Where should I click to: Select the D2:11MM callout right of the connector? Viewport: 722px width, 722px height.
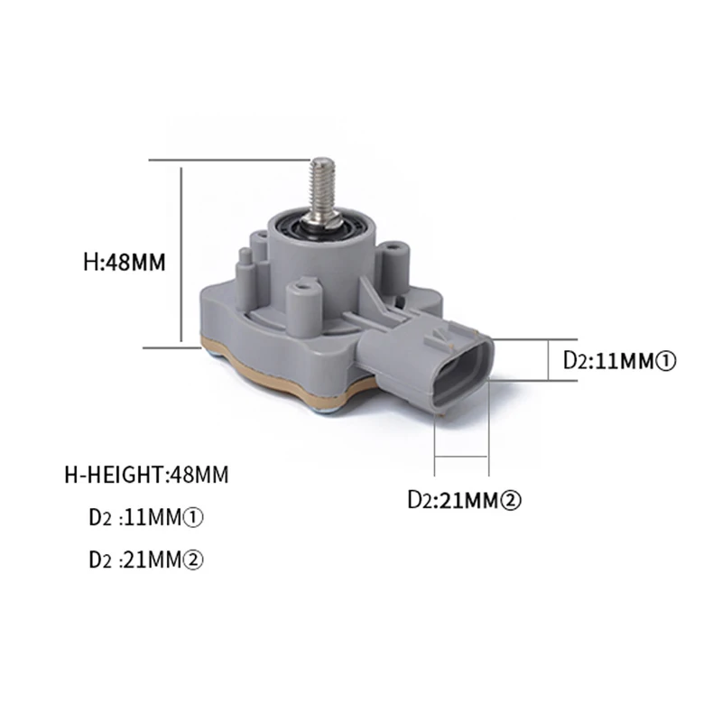[619, 361]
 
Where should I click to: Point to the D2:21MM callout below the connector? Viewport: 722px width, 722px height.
[466, 497]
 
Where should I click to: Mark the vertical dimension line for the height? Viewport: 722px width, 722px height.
[183, 253]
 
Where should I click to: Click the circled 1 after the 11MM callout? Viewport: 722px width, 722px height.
[666, 361]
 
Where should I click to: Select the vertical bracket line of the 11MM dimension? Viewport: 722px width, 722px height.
[551, 361]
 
